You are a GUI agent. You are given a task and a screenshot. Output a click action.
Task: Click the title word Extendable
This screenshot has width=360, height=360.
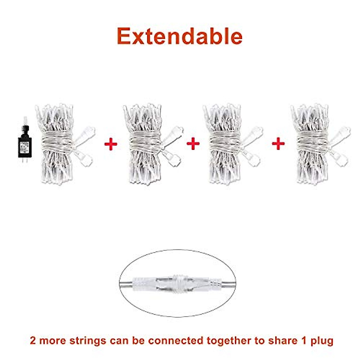[179, 36]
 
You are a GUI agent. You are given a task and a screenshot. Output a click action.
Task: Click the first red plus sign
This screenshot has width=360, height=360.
[111, 144]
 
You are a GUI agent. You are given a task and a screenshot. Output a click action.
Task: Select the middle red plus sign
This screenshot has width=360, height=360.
[193, 144]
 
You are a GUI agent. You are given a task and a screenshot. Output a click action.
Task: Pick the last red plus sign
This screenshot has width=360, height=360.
[278, 144]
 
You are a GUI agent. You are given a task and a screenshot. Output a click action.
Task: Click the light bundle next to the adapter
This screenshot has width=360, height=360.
[60, 144]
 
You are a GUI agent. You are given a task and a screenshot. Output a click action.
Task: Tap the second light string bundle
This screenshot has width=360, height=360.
[147, 144]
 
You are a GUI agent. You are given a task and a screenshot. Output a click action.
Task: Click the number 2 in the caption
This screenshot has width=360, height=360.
[33, 341]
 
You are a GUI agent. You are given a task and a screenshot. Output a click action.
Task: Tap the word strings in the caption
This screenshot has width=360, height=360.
[88, 341]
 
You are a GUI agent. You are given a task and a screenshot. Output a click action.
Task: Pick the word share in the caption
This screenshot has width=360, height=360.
[281, 341]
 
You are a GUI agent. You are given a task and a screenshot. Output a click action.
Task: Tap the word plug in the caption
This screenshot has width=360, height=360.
[322, 341]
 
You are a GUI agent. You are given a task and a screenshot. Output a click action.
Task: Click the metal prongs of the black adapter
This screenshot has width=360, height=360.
[22, 161]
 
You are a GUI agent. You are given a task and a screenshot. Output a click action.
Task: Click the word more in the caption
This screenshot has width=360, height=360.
[53, 341]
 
